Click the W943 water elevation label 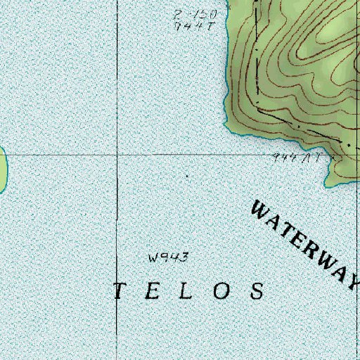click(169, 258)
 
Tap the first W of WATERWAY click(261, 211)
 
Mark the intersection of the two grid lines click(117, 154)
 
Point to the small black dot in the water click(187, 175)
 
